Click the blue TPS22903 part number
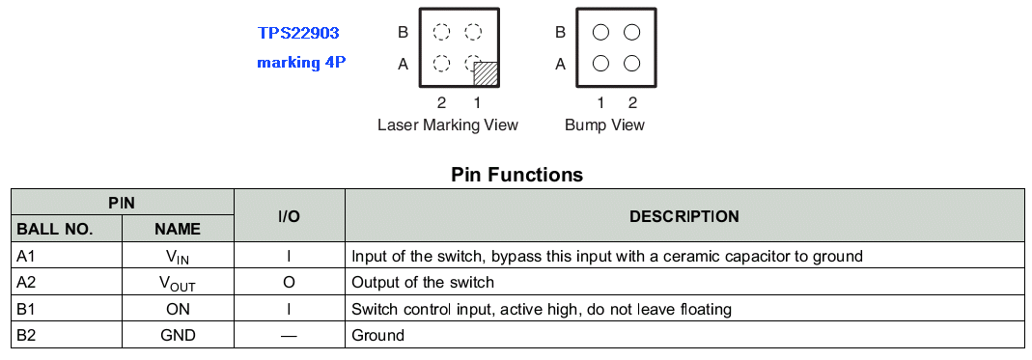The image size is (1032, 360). point(299,32)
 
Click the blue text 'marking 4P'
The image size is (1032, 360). point(301,63)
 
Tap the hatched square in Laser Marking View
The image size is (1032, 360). point(486,73)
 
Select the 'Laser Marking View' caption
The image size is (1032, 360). point(448,125)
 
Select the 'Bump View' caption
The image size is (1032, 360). point(605,125)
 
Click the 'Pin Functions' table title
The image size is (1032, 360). point(516,175)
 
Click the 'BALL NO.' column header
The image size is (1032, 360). point(55,229)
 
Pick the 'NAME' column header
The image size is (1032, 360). point(178,229)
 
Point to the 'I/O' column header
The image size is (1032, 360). point(289,216)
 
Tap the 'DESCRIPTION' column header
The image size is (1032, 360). point(684,216)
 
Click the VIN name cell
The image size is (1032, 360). point(178,257)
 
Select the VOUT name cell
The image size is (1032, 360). point(178,283)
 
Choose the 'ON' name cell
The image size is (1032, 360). point(178,309)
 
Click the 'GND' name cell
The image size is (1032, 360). point(178,335)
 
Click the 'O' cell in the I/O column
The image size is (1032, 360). point(289,283)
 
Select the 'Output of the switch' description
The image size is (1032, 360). point(423,283)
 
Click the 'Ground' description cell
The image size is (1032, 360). point(377,335)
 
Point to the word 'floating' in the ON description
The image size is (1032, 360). point(706,309)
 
